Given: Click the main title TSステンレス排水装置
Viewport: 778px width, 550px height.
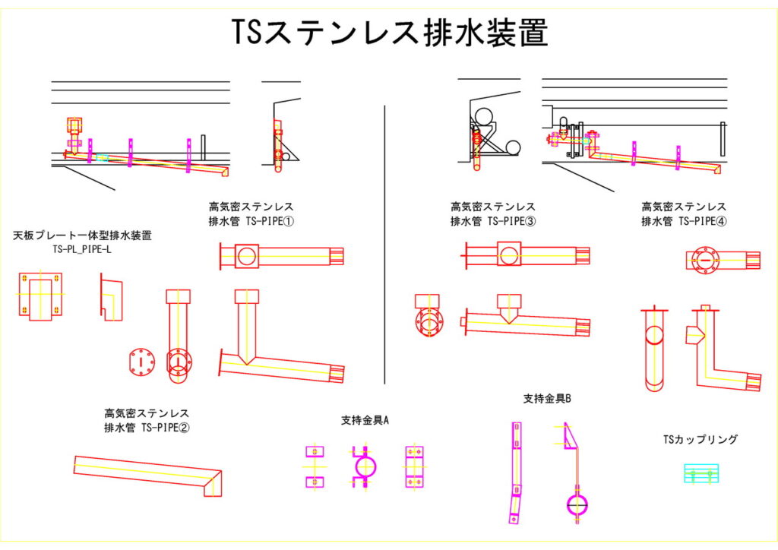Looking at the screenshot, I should pyautogui.click(x=389, y=33).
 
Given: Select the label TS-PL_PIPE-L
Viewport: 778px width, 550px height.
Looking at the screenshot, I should pyautogui.click(x=82, y=249).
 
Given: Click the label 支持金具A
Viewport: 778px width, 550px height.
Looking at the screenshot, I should pyautogui.click(x=365, y=420).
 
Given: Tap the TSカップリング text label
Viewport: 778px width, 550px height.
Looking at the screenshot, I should pyautogui.click(x=701, y=439).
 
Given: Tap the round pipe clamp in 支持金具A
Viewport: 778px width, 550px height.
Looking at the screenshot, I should pyautogui.click(x=365, y=466).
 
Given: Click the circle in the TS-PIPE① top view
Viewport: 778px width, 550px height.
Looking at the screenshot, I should pyautogui.click(x=247, y=255).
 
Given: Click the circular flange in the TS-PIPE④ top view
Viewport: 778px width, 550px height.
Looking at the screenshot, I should pyautogui.click(x=704, y=260).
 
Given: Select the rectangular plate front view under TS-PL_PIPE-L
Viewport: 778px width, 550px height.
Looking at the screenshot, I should pyautogui.click(x=40, y=295).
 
